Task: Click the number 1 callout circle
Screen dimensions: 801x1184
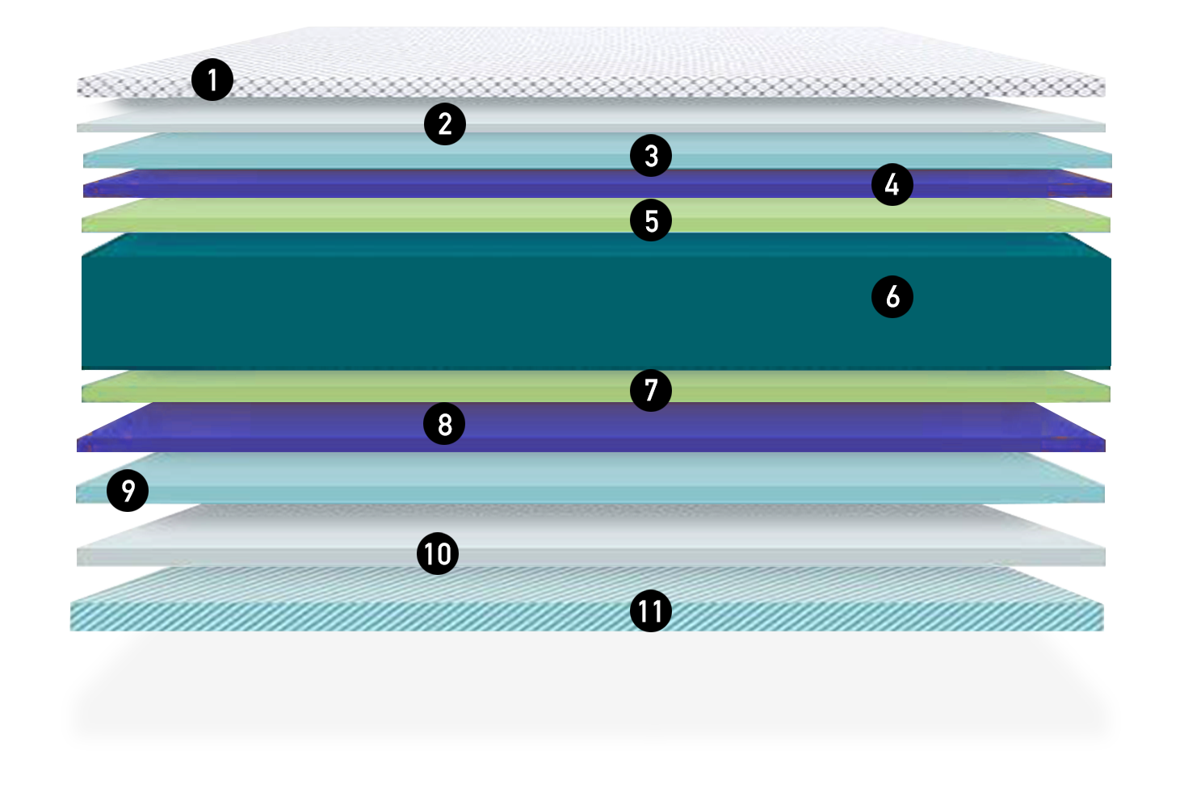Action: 212,80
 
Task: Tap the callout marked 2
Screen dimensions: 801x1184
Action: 445,124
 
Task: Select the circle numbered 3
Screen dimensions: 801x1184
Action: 651,156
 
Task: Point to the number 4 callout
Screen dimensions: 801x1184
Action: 892,185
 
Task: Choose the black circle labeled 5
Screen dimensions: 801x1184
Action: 651,220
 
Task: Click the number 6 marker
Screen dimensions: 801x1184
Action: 892,297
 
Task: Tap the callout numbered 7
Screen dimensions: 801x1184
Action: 651,391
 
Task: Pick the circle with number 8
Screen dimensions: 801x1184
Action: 444,424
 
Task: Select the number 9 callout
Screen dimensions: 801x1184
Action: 128,491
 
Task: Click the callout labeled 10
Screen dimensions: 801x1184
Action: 438,554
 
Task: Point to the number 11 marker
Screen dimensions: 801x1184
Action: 651,611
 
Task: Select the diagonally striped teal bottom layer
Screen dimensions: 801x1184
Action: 404,614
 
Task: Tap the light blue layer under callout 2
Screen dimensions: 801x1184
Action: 323,151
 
